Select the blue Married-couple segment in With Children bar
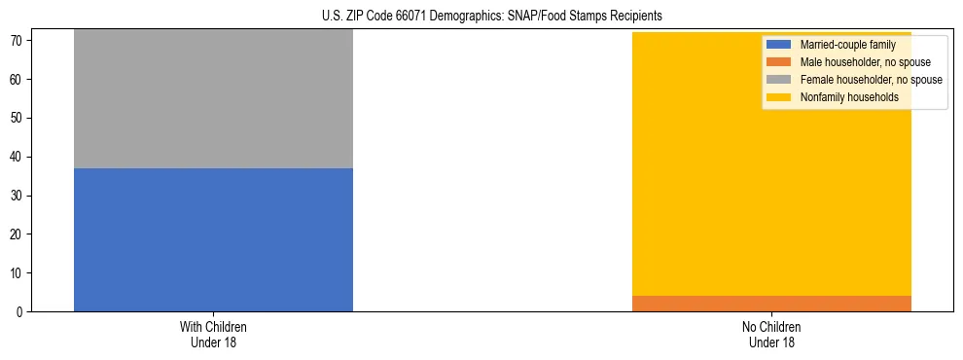coord(213,239)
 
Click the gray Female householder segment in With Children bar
coord(213,98)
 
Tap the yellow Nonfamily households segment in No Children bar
coord(771,185)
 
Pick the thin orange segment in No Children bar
coord(771,304)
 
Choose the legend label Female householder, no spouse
coord(871,80)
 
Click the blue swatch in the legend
coord(779,45)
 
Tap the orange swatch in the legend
coord(779,62)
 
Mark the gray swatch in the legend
coord(779,80)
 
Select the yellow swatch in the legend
coord(779,97)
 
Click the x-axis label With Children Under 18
coord(213,334)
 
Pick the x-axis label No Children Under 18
coord(771,334)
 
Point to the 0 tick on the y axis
coord(20,312)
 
